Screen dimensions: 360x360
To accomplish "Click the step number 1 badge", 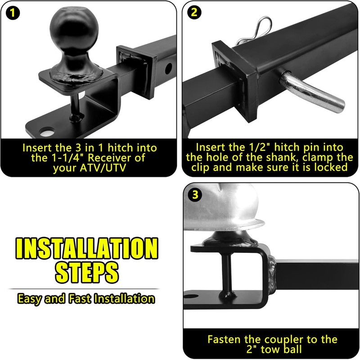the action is [13, 13].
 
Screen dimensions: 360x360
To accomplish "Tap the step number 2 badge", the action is [194, 13].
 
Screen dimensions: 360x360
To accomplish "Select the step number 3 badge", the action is [195, 195].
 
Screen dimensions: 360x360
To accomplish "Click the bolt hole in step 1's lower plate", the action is [47, 132].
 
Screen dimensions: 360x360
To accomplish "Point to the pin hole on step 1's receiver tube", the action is [168, 68].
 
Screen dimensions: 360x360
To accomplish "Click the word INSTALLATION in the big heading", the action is [87, 248].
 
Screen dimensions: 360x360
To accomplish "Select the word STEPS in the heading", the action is [87, 273].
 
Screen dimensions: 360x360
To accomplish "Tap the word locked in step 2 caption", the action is [331, 167].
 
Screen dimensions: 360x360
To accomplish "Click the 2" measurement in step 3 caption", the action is [252, 350].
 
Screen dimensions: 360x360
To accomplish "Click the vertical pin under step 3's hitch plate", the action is [227, 275].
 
